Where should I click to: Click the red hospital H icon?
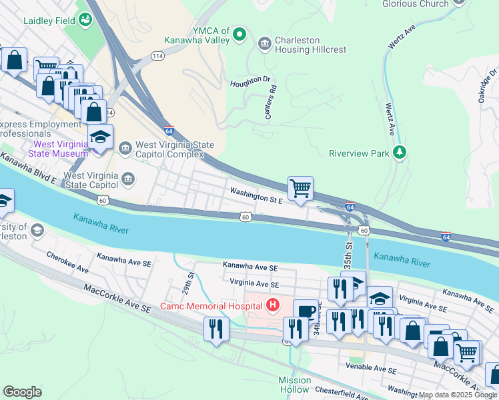coord(272,306)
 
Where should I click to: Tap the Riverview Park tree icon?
coord(399,153)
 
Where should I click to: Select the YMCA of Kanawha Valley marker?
coord(240,35)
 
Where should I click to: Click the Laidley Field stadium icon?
coord(85,20)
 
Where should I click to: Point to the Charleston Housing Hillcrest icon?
coord(264,45)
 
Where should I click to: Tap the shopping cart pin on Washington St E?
coord(301,189)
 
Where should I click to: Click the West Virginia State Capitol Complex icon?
coord(125,147)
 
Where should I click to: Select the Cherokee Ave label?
coord(67,262)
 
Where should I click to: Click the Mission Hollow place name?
coord(294,385)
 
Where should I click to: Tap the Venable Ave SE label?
coord(371,368)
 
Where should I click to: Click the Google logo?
coord(22,392)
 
